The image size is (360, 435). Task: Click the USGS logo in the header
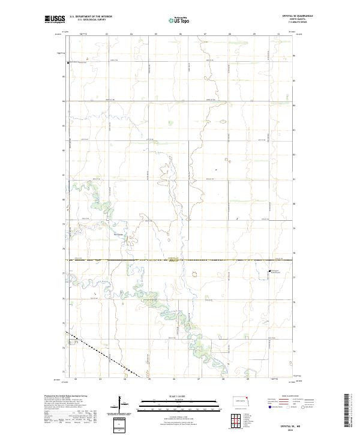point(55,19)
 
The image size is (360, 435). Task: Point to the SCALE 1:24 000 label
point(172,395)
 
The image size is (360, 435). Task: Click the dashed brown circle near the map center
point(194,274)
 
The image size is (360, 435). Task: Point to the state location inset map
point(244,400)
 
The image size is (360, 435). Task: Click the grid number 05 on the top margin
point(155,34)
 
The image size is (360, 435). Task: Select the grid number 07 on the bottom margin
point(199,379)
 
